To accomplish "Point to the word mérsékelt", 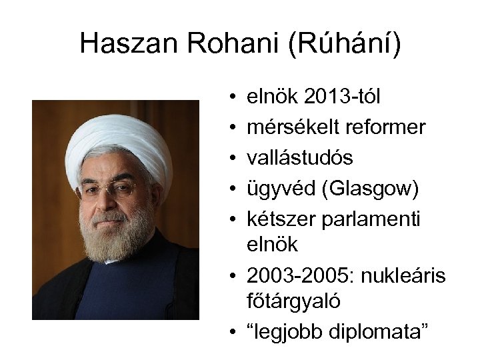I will click(290, 127).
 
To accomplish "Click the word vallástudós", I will click(300, 157).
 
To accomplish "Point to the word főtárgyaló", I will click(293, 301).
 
